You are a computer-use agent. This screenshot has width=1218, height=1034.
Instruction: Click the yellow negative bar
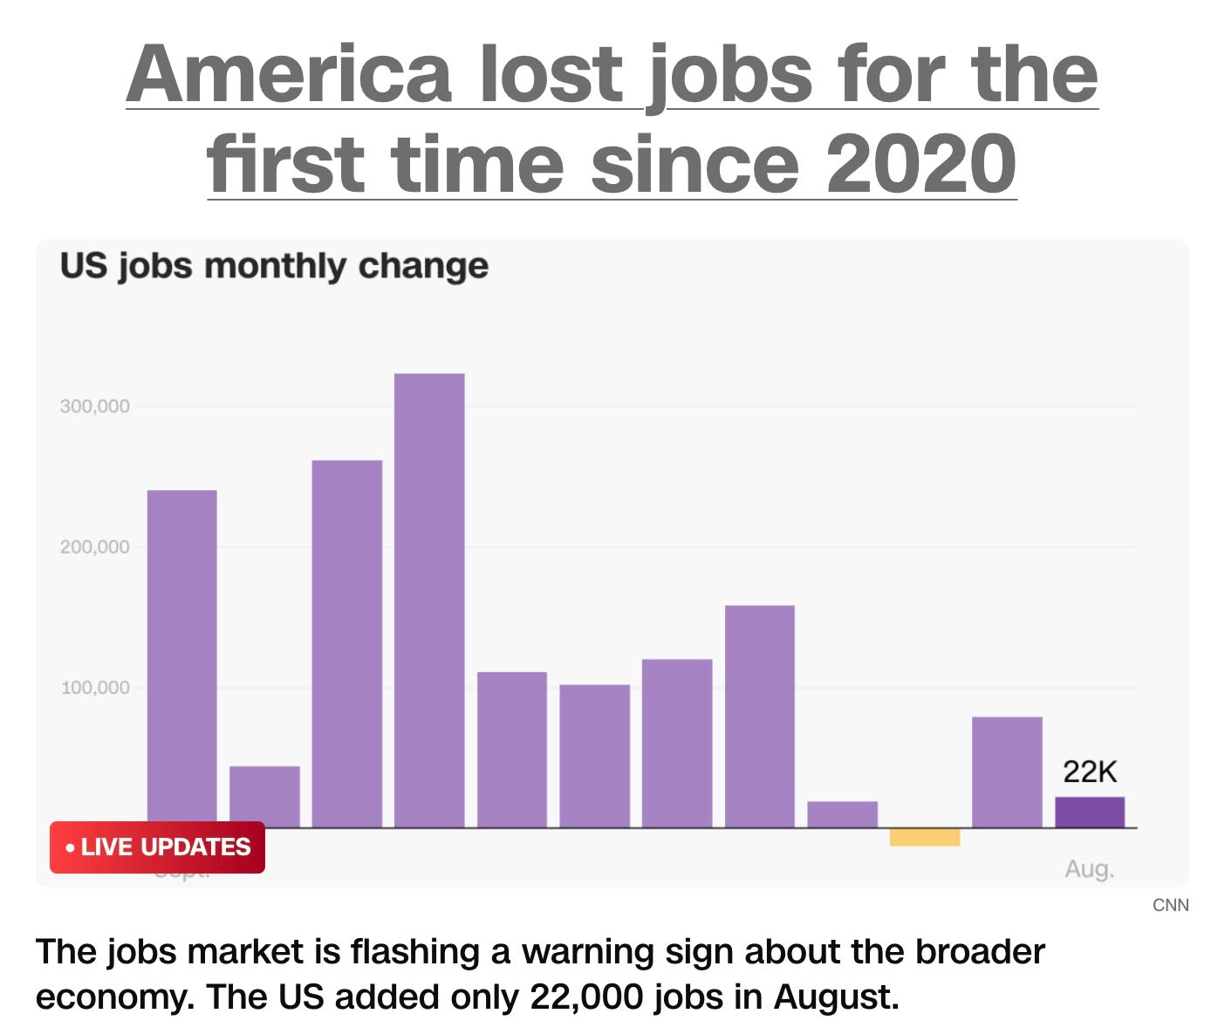(925, 837)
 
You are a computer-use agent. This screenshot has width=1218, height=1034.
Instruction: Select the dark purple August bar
(1090, 813)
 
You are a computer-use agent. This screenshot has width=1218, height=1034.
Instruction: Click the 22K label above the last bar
(1090, 772)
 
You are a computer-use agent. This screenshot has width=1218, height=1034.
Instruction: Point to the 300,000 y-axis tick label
(95, 406)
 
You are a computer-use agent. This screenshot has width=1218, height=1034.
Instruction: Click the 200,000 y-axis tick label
(95, 548)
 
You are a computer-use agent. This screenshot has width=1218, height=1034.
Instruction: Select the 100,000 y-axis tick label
(95, 688)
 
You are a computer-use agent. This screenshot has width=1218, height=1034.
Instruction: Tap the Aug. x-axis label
(1090, 869)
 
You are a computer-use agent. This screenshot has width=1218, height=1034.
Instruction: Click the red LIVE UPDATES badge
(157, 847)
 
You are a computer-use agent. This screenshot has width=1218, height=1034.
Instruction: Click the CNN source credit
(1170, 905)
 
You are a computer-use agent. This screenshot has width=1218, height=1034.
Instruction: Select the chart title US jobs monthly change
(274, 266)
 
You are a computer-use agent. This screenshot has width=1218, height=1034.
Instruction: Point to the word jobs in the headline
(729, 74)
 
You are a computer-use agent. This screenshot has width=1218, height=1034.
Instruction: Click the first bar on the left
(181, 659)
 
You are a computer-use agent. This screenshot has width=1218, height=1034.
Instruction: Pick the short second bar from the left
(264, 797)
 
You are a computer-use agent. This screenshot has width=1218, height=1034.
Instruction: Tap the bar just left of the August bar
(1007, 772)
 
